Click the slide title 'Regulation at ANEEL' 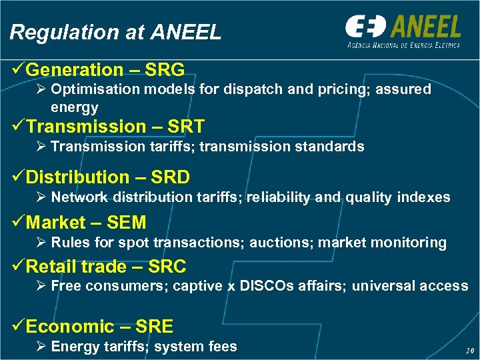(115, 31)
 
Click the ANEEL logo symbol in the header (365, 27)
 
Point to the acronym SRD (170, 177)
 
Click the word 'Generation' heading (75, 69)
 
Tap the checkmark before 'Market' (18, 222)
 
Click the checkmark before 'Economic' (18, 326)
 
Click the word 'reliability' (278, 197)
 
